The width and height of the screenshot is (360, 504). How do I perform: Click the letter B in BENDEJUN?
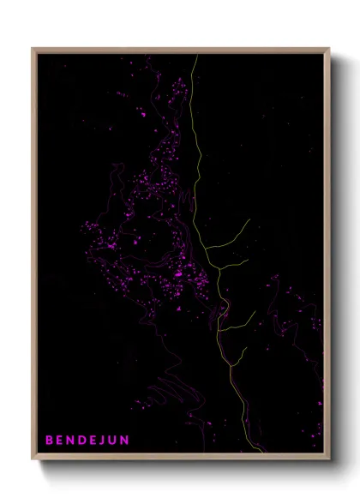pos(49,441)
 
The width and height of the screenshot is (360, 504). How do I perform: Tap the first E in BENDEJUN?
pos(60,441)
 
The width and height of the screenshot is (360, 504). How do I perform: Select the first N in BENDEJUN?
pos(71,441)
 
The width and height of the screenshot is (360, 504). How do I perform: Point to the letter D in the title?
pos(83,441)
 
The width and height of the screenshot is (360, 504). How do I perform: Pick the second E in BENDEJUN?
pos(94,441)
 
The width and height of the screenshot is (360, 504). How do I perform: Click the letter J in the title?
pos(104,441)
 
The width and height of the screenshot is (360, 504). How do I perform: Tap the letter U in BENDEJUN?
pos(114,441)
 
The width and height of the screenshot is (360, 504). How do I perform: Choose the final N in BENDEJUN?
pos(126,441)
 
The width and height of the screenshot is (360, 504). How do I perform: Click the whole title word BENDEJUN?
pos(87,441)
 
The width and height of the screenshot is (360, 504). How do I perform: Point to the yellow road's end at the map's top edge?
pos(196,56)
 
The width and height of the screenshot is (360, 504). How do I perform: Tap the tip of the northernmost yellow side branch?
pos(249,219)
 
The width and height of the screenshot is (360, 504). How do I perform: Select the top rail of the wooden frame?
pos(181,50)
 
